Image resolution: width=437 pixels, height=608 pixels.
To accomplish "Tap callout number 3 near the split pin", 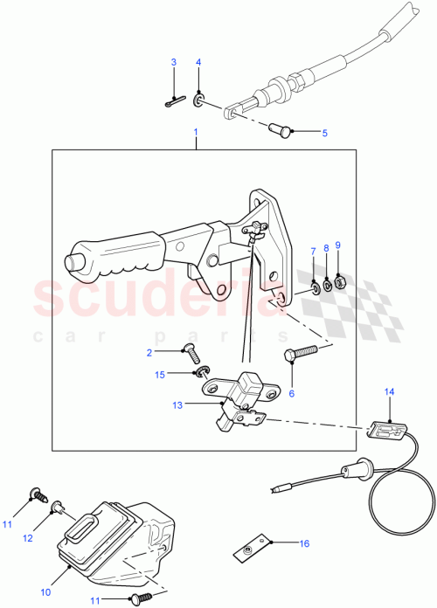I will pos(173,62).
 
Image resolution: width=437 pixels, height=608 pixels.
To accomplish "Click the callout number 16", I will pos(305,543).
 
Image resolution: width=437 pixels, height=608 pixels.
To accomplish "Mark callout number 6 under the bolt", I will pos(292,393).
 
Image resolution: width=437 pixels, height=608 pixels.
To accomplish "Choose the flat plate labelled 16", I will pos(252,549).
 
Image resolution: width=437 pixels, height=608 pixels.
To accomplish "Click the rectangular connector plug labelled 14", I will pos(383,428).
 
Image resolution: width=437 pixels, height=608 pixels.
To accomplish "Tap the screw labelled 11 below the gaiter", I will pos(137,599).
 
